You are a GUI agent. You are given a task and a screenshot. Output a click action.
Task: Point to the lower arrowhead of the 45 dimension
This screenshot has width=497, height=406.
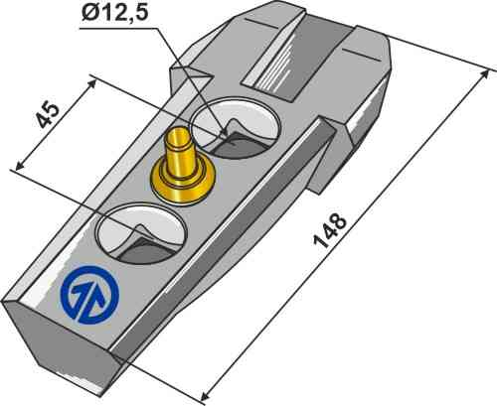click(x=15, y=161)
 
